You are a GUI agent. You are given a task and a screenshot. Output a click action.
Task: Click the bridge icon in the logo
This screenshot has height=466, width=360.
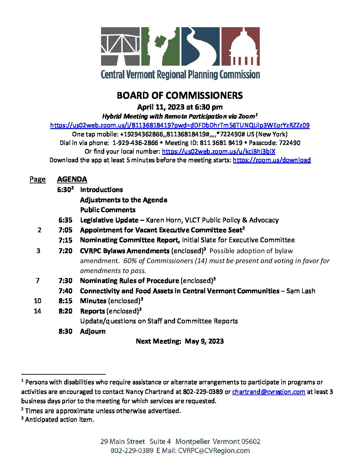(x=120, y=46)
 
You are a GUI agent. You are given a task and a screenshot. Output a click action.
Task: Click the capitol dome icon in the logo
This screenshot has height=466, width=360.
(x=240, y=46)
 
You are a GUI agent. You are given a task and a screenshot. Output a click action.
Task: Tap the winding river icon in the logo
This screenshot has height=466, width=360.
(x=200, y=46)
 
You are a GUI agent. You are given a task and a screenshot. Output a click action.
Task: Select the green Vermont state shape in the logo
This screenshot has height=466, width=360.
(x=160, y=46)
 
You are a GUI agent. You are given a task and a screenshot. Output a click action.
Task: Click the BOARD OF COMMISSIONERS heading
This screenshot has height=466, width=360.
(x=180, y=96)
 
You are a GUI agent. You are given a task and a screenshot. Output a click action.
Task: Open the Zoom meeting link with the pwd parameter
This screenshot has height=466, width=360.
(x=180, y=125)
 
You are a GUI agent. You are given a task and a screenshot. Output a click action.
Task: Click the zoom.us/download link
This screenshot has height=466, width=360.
(x=272, y=160)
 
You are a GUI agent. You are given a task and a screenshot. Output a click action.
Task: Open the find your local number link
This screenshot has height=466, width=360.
(x=218, y=152)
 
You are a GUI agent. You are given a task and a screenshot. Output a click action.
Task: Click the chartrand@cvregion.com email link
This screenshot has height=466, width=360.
(x=268, y=392)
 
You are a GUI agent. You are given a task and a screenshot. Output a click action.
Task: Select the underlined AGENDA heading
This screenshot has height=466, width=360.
(x=72, y=179)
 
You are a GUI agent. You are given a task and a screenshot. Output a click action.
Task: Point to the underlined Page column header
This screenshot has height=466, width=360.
(x=37, y=179)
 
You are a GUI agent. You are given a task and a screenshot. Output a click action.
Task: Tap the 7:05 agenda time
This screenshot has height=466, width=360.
(x=65, y=230)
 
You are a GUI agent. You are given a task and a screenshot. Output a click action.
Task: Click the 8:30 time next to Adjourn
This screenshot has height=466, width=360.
(x=65, y=331)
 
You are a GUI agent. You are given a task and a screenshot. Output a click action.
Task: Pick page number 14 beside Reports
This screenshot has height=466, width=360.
(x=37, y=311)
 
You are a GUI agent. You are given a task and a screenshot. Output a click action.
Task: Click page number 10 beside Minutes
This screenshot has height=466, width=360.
(x=37, y=301)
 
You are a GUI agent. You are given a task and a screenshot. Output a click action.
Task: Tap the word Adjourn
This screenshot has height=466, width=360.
(x=93, y=331)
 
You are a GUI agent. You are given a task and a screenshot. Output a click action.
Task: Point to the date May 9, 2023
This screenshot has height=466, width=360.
(x=204, y=341)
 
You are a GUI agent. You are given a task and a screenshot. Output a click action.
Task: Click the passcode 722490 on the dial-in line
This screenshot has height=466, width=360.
(x=290, y=143)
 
